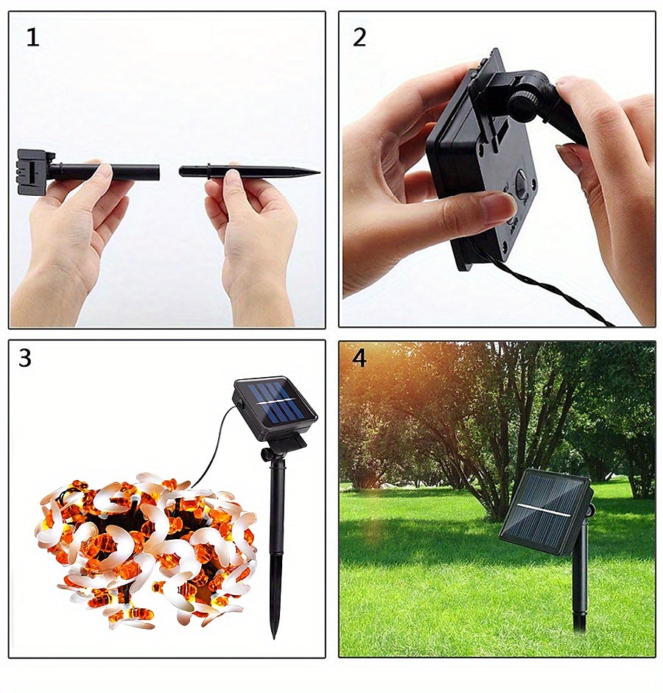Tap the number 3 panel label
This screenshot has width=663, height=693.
point(25,358)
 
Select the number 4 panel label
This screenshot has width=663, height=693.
point(359,358)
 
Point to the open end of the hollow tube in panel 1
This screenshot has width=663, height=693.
point(158,172)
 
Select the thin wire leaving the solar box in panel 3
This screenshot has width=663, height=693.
point(217,442)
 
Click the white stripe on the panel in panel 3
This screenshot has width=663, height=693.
point(277,404)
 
